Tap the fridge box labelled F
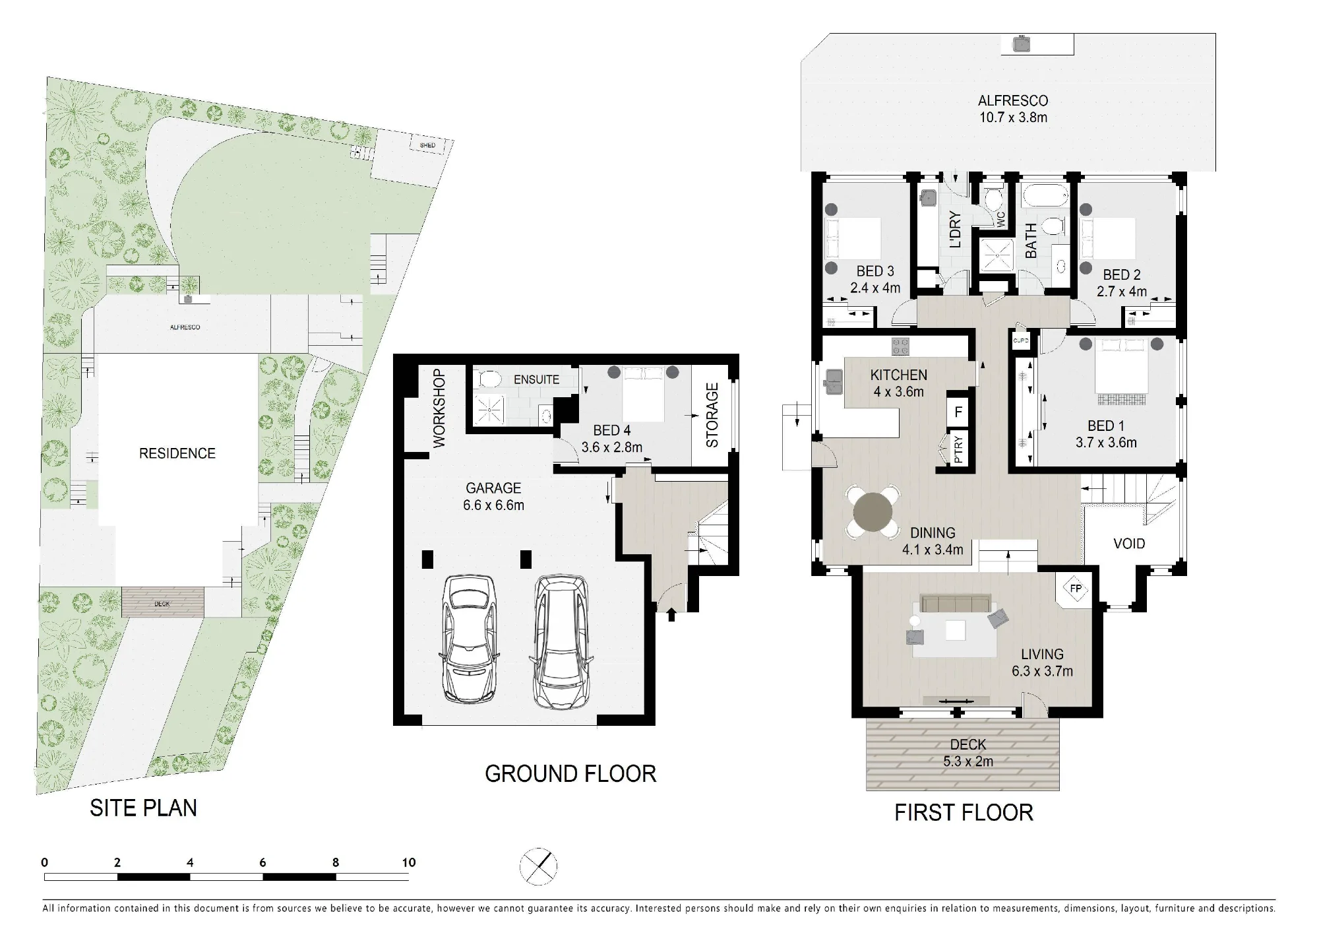click(958, 412)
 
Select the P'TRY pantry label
click(958, 450)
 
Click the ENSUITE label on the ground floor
click(536, 379)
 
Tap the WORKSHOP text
click(439, 408)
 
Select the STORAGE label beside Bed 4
click(712, 416)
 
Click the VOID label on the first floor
click(1129, 544)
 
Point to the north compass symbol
click(539, 866)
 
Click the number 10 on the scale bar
click(409, 862)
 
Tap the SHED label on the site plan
click(427, 145)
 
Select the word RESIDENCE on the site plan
click(177, 453)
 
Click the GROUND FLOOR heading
click(570, 773)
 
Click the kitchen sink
click(831, 381)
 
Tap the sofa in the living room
click(956, 603)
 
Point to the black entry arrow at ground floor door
click(671, 615)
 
